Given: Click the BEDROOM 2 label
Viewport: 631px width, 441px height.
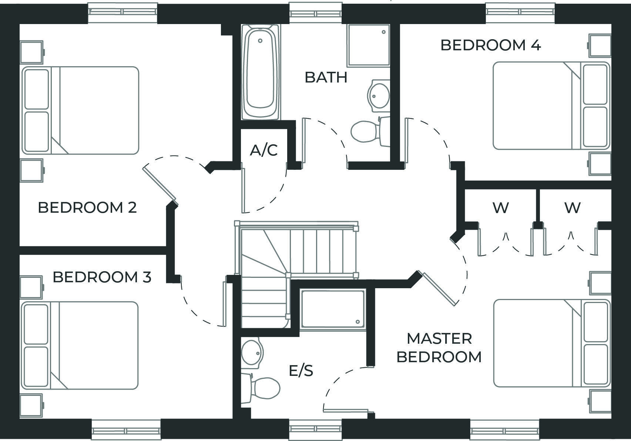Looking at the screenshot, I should click(87, 208).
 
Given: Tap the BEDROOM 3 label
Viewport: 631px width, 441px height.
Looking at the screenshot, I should click(102, 277).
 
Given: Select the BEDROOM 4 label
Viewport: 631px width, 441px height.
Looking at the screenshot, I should click(490, 45).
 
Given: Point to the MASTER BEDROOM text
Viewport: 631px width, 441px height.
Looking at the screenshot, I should click(439, 348).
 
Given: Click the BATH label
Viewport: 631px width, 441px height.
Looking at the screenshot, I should click(326, 77).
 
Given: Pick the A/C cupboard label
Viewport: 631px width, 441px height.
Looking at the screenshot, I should click(264, 150).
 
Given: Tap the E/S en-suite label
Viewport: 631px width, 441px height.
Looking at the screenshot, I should click(301, 370).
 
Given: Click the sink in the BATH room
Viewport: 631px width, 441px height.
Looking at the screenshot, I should click(379, 95).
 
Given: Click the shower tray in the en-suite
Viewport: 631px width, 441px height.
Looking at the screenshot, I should click(333, 309).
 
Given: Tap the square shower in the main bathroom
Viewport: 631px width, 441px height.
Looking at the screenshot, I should click(368, 45).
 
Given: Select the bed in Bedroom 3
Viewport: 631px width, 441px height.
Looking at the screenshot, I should click(80, 345).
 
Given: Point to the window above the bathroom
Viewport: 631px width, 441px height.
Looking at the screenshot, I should click(316, 13).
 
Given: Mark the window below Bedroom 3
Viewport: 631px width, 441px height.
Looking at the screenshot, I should click(126, 430).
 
